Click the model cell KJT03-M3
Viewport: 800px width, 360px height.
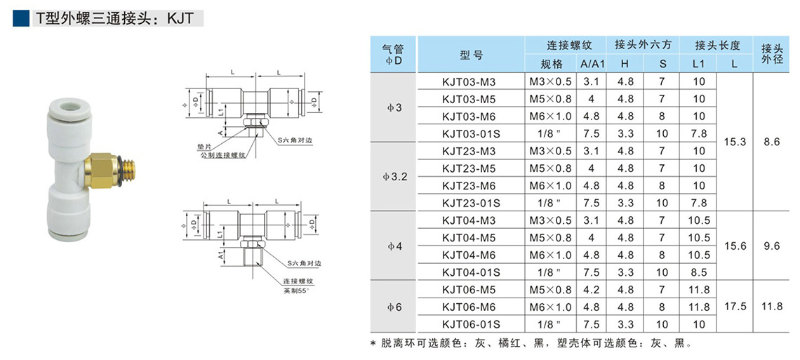(x=469, y=81)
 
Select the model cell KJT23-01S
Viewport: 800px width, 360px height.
(x=469, y=203)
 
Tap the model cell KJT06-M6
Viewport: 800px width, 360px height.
(x=469, y=307)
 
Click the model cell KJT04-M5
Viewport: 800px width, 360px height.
(x=469, y=237)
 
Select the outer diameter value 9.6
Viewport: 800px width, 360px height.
(x=771, y=246)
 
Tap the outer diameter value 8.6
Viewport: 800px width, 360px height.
(x=771, y=142)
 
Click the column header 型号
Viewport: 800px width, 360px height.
(x=471, y=55)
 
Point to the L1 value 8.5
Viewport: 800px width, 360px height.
(x=698, y=272)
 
